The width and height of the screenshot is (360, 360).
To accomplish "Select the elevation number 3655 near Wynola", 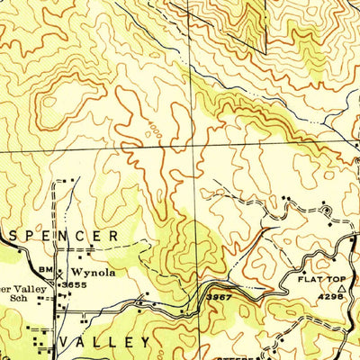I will [x=72, y=284].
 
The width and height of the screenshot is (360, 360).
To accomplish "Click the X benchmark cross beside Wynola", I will [x=60, y=273].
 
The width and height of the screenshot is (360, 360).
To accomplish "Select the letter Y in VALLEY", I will [x=145, y=343].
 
